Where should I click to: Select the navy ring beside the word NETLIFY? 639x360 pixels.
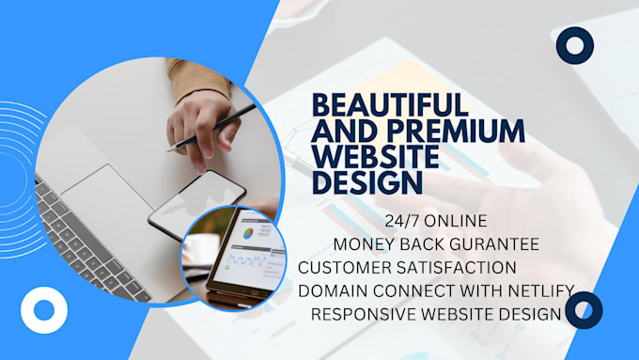pyautogui.click(x=584, y=310)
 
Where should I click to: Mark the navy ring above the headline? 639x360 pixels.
pyautogui.click(x=574, y=44)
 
